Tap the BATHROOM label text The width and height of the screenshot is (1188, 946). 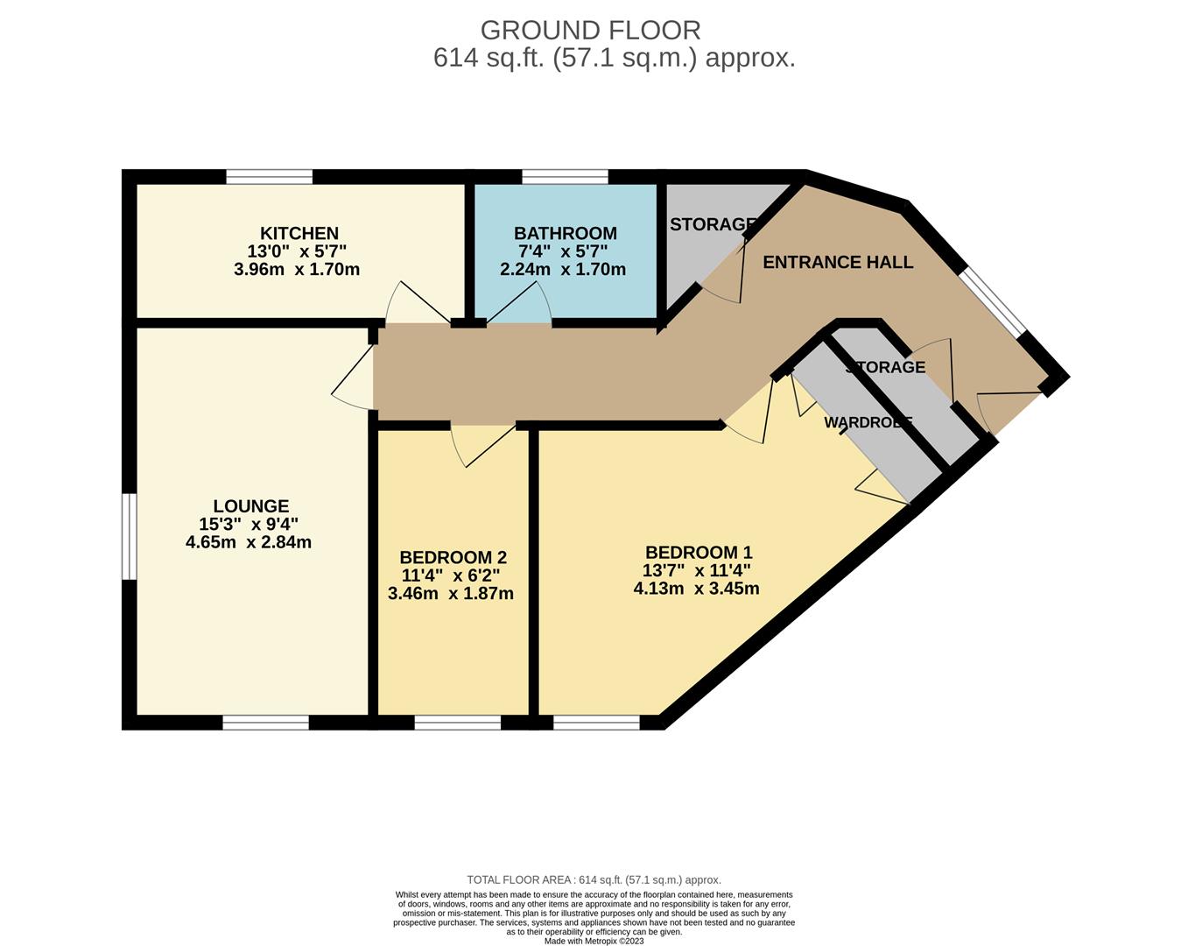565,234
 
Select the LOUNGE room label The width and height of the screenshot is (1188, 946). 250,506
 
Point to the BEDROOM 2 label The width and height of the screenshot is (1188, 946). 453,558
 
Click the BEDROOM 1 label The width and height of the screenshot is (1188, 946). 698,553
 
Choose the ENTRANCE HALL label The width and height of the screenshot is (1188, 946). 837,262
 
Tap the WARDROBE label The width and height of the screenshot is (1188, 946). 868,422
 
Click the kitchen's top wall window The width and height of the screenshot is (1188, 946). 269,177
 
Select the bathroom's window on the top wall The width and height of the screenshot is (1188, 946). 565,177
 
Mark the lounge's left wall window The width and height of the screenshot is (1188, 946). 129,536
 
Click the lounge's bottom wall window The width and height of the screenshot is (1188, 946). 265,723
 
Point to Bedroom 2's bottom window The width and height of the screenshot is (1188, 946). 457,723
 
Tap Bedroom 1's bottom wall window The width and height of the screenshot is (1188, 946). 596,723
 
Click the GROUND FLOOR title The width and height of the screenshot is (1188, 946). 590,31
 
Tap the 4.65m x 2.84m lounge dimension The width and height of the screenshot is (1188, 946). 249,542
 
